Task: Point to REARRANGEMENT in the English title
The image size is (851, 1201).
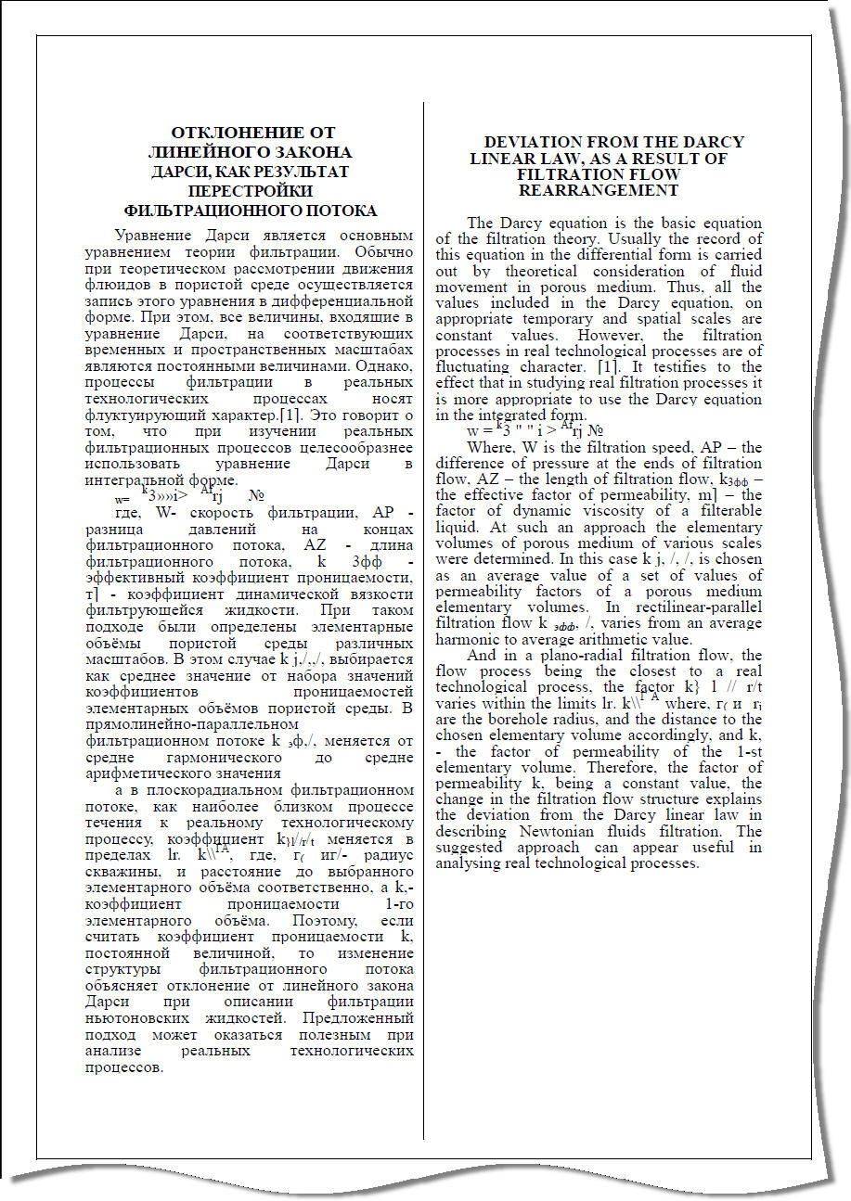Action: tap(599, 190)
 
